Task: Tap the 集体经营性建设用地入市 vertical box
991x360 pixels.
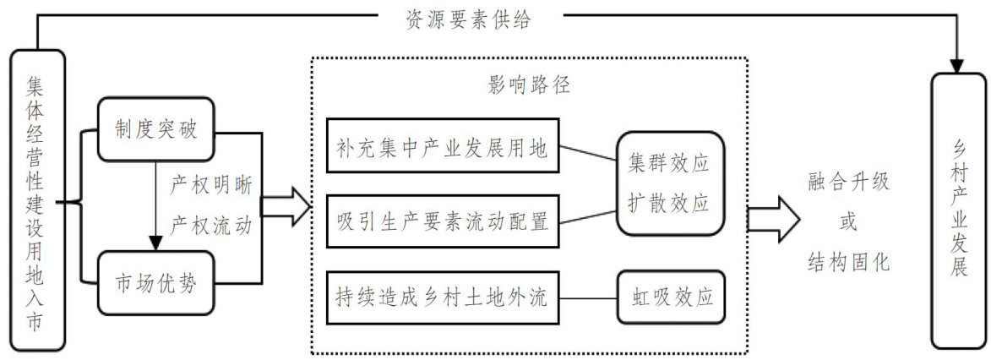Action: [x=36, y=200]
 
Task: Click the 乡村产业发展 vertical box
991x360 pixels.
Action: [x=957, y=210]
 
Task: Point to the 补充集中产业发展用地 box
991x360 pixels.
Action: [x=441, y=150]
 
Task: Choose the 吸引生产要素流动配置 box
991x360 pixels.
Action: [x=441, y=222]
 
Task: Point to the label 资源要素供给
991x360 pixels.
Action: [x=476, y=19]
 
